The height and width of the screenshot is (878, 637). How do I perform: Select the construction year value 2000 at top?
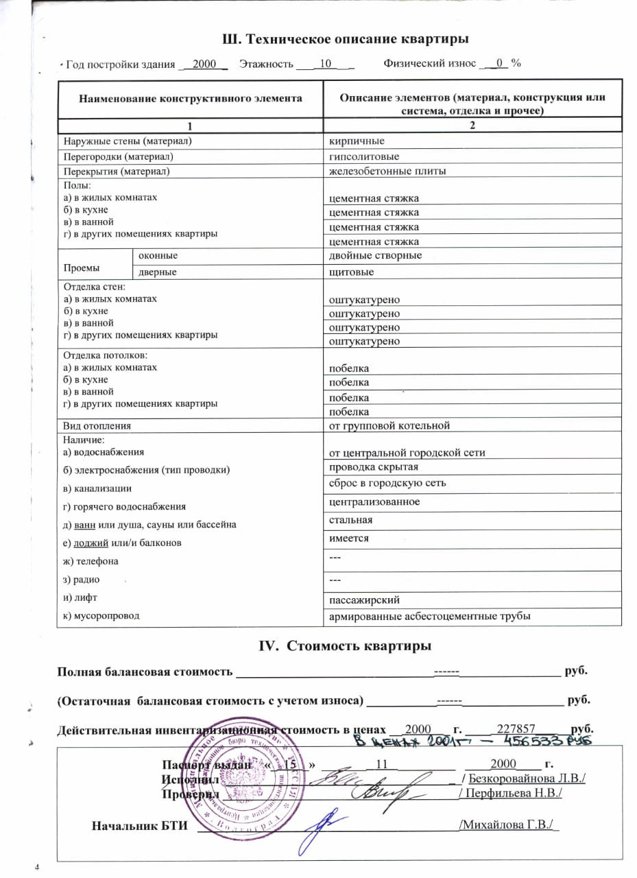[x=205, y=64]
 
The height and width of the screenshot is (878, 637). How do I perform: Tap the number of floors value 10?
[x=326, y=64]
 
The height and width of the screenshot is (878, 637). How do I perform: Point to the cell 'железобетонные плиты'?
[x=387, y=171]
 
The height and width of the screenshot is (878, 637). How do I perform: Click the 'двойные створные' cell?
[x=375, y=256]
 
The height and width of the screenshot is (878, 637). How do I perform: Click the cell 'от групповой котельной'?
[x=389, y=426]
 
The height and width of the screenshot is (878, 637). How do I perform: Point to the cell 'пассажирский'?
[x=364, y=600]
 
